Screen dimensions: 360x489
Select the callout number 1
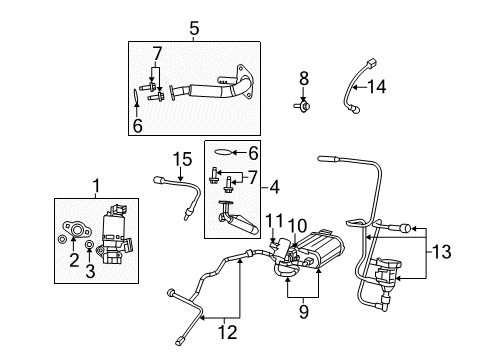click(x=96, y=185)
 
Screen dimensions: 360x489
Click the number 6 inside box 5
click(x=139, y=125)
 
